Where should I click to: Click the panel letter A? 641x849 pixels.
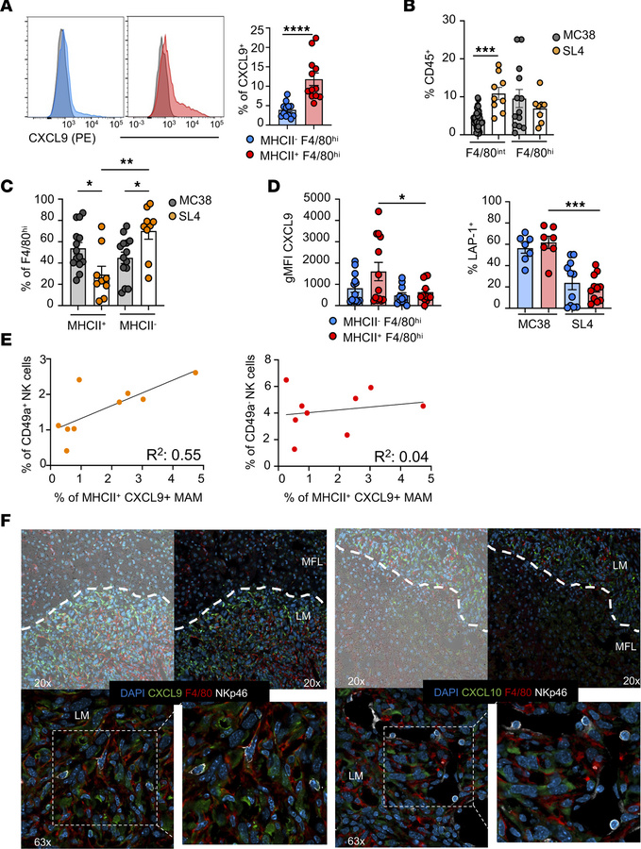pyautogui.click(x=8, y=8)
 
